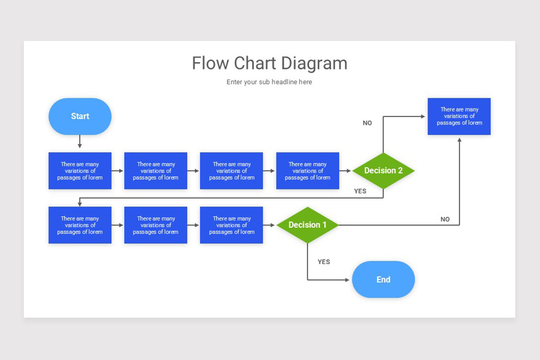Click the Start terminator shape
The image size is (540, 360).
point(80,116)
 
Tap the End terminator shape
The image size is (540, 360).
point(383,279)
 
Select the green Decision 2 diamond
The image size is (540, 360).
point(383,171)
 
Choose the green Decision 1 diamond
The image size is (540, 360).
point(307,225)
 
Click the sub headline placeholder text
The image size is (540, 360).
point(269,82)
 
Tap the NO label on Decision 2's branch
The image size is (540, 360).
point(367,123)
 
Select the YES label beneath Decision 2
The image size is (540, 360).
point(360,191)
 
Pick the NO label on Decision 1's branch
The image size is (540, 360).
point(445,220)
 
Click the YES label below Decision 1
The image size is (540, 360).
point(324,262)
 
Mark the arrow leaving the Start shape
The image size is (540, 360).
point(80,141)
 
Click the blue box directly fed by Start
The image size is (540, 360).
point(80,171)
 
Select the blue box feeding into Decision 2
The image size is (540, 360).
point(307,171)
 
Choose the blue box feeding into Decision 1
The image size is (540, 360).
point(231,225)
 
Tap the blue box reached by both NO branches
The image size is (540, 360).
point(459,116)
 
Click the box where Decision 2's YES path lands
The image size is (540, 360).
point(80,225)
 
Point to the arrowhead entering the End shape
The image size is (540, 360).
point(346,280)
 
